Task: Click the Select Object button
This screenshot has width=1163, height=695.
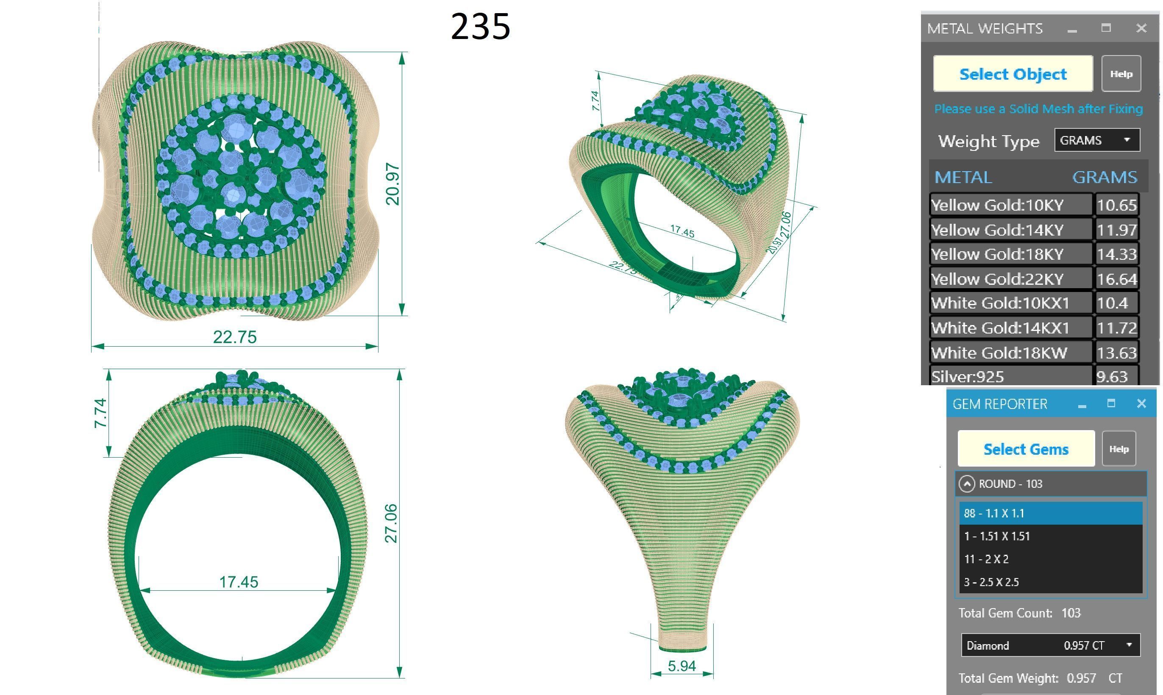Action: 1013,74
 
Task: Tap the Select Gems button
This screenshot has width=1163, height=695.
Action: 1026,449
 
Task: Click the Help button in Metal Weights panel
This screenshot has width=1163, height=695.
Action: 1121,74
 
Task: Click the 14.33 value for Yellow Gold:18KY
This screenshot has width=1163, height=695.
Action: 1117,254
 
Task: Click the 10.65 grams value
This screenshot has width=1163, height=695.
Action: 1117,205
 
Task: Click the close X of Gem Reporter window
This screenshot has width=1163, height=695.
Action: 1141,403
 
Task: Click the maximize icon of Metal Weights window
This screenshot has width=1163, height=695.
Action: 1106,28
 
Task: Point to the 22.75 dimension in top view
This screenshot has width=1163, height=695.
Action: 235,337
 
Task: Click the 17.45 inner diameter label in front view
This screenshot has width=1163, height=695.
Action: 239,582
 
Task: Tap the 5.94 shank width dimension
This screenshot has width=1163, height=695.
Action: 682,666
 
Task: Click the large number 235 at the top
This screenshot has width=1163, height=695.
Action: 480,27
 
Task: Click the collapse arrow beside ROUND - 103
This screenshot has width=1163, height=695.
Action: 967,484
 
